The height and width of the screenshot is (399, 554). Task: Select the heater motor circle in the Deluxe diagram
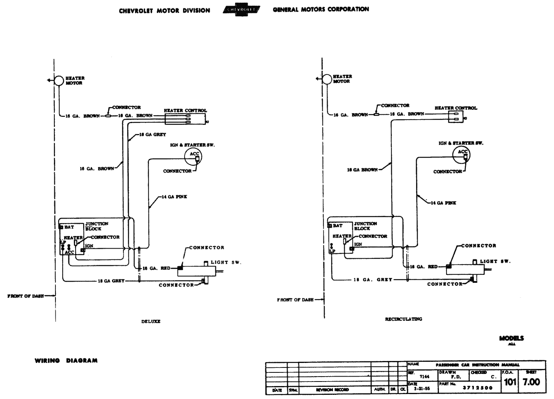tap(59, 80)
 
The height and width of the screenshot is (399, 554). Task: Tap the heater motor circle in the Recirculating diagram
tap(327, 79)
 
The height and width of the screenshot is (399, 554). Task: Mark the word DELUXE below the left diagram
tap(151, 321)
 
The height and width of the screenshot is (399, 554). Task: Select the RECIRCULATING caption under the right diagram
tap(403, 319)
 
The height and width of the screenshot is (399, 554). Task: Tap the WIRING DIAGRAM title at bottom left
tap(66, 361)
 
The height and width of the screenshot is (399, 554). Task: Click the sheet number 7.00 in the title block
tap(531, 382)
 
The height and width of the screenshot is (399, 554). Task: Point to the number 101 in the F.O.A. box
tap(510, 382)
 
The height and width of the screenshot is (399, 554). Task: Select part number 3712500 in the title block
tap(477, 388)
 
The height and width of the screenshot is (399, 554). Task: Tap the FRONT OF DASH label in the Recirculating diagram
tap(295, 300)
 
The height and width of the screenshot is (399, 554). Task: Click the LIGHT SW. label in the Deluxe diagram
tap(226, 262)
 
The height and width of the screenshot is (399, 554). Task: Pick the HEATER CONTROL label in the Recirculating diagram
tap(456, 108)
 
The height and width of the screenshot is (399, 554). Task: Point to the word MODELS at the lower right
tap(511, 338)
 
